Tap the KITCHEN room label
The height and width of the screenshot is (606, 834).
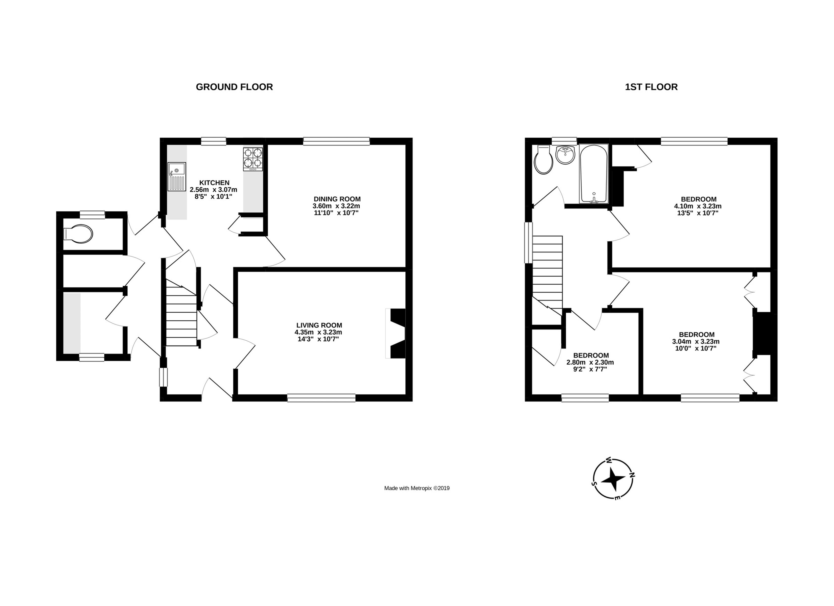click(214, 183)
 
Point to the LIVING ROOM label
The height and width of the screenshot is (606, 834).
click(319, 325)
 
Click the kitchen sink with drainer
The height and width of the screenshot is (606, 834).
click(177, 177)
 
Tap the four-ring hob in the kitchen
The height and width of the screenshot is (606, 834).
click(253, 159)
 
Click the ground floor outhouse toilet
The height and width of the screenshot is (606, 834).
click(78, 234)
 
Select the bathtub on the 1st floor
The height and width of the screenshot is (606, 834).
click(594, 174)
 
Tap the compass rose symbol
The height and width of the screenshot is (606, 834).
click(613, 479)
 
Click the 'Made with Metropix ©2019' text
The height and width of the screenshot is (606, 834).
click(417, 488)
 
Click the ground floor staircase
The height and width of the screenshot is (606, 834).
click(181, 312)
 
